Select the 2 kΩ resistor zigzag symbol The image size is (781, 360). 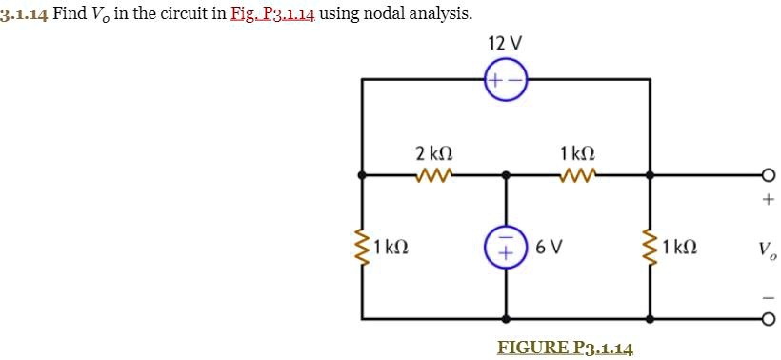click(x=434, y=175)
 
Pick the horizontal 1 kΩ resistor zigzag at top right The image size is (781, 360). click(x=577, y=175)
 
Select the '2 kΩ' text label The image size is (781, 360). click(x=434, y=152)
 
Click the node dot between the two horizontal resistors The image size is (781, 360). click(x=506, y=175)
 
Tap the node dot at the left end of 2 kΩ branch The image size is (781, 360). click(x=362, y=175)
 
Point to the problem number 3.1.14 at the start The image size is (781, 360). click(x=23, y=14)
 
